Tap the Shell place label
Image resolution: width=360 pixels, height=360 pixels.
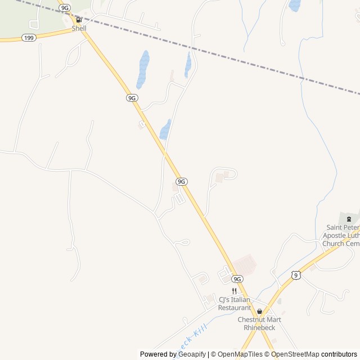point(79,28)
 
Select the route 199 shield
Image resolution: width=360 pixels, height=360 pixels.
point(29,37)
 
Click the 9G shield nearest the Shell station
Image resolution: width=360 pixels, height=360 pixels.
point(65,8)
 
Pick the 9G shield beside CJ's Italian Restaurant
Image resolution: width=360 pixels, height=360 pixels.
point(237,279)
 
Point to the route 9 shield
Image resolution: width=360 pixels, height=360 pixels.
point(296,274)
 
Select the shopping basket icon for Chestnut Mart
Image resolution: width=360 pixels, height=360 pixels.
point(259,311)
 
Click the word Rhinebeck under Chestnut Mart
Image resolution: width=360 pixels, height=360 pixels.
point(259,327)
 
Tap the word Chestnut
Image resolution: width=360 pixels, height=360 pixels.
point(253,320)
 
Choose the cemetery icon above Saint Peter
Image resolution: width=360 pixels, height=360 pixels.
point(349,219)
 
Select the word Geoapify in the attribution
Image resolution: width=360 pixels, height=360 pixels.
point(192,354)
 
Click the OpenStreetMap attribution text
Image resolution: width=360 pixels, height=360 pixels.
point(295,354)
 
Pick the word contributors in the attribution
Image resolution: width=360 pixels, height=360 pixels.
point(339,354)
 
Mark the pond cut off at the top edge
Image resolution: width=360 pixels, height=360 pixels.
point(294,5)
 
